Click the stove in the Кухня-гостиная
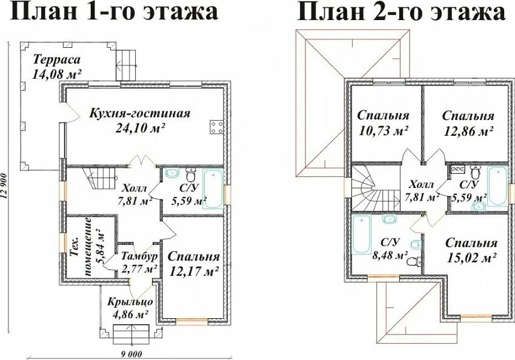click(x=217, y=127)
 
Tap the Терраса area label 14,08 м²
click(x=57, y=73)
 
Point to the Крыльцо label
click(x=130, y=302)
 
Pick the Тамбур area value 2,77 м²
click(x=139, y=268)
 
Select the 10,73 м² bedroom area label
click(x=383, y=130)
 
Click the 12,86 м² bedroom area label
click(x=468, y=131)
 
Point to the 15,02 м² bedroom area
click(x=471, y=258)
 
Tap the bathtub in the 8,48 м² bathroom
click(x=362, y=235)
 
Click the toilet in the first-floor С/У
click(x=190, y=175)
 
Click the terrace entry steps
click(x=127, y=65)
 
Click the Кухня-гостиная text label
click(x=140, y=114)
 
